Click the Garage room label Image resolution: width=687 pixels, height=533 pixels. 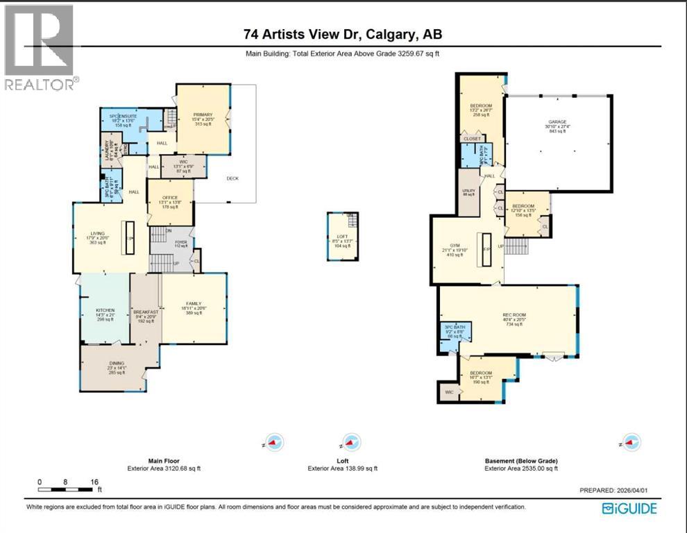click(x=558, y=122)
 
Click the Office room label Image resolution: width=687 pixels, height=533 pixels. click(x=170, y=198)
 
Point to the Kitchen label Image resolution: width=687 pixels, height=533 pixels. click(x=105, y=310)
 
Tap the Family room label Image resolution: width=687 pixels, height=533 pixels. click(x=193, y=303)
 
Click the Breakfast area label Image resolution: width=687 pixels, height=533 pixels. click(x=146, y=312)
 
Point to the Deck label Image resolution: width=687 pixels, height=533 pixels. click(x=232, y=178)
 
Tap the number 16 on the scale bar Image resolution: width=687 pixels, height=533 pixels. click(x=94, y=482)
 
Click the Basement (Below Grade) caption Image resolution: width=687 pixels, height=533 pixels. click(x=521, y=461)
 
